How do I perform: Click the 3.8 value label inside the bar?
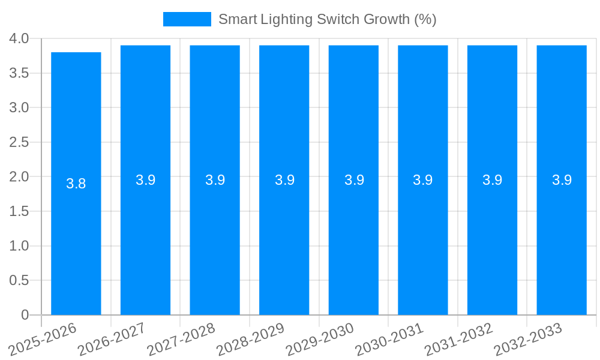[x=76, y=184]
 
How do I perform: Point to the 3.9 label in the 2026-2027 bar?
[x=146, y=180]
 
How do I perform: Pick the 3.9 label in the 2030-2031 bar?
[x=423, y=180]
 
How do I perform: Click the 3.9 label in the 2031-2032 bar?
[x=493, y=180]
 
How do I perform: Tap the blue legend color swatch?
[x=187, y=19]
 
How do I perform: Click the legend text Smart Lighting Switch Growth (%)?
[x=327, y=19]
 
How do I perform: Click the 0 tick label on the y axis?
[x=25, y=315]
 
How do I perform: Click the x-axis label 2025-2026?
[x=43, y=339]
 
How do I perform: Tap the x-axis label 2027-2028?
[x=182, y=339]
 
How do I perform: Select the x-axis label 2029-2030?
[x=320, y=339]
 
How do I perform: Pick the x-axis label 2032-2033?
[x=528, y=339]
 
